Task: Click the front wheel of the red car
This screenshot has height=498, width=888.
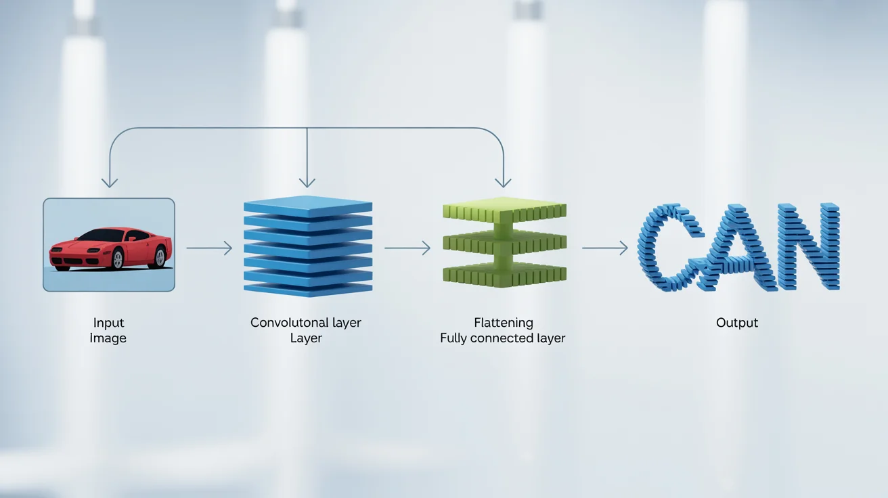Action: click(x=117, y=259)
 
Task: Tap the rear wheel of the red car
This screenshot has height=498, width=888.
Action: click(x=160, y=256)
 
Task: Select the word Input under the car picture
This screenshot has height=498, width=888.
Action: click(x=108, y=323)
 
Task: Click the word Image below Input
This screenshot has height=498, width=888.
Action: click(x=108, y=338)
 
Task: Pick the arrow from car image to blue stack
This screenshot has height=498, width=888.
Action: click(x=208, y=248)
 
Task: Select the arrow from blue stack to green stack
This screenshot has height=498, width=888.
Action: click(x=407, y=248)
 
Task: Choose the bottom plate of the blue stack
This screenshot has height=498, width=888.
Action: click(x=308, y=288)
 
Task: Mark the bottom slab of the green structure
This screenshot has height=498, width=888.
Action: click(x=504, y=274)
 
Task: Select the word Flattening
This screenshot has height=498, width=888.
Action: click(x=503, y=323)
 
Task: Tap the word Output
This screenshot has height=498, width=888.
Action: click(x=737, y=323)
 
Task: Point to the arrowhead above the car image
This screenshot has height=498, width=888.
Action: click(x=109, y=181)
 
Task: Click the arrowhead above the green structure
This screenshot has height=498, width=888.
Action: click(x=502, y=181)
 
